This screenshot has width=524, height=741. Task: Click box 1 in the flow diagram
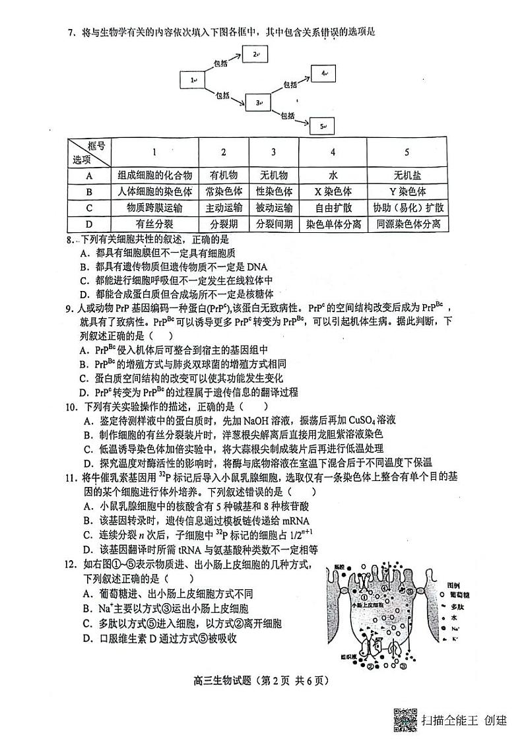pyautogui.click(x=193, y=81)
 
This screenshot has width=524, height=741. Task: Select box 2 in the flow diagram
pyautogui.click(x=255, y=54)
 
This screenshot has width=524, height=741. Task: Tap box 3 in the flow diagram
pyautogui.click(x=258, y=102)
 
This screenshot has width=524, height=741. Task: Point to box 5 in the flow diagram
pyautogui.click(x=323, y=125)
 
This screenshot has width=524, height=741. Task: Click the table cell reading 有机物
pyautogui.click(x=223, y=175)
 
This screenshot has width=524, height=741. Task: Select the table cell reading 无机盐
pyautogui.click(x=407, y=175)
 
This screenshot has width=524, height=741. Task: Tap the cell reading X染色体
pyautogui.click(x=333, y=191)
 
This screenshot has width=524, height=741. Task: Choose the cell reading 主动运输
pyautogui.click(x=223, y=207)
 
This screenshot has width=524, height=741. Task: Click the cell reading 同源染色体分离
pyautogui.click(x=407, y=224)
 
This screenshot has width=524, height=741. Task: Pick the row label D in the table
pyautogui.click(x=88, y=224)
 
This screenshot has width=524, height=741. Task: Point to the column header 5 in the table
pyautogui.click(x=407, y=152)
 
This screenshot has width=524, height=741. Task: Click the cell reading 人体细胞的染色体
pyautogui.click(x=154, y=191)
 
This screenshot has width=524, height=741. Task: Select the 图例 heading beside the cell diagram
pyautogui.click(x=452, y=585)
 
